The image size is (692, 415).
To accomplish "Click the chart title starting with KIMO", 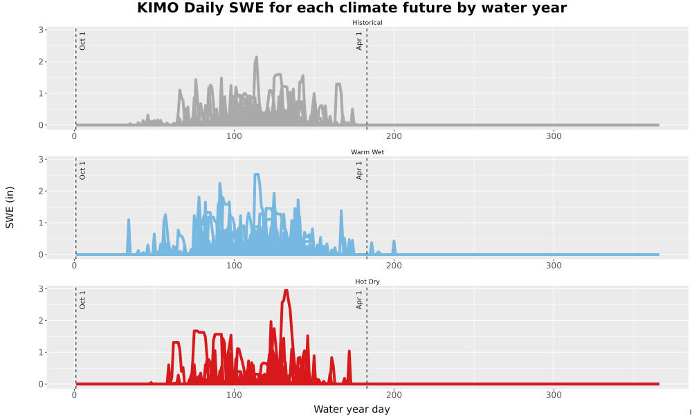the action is (352, 8).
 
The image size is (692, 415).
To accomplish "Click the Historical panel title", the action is (367, 23).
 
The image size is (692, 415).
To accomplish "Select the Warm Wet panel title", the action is (367, 152).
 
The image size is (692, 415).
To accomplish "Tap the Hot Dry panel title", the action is (367, 282).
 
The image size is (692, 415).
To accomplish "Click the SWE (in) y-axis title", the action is (10, 207).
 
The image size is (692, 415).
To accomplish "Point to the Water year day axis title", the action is (352, 409).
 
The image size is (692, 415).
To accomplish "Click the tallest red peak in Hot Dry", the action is (286, 291).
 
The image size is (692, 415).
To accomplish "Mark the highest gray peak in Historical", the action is (256, 58).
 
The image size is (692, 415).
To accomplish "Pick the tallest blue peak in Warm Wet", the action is (257, 175).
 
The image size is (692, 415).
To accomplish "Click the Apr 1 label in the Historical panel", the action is (359, 41).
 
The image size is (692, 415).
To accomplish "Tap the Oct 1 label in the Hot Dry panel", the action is (82, 299).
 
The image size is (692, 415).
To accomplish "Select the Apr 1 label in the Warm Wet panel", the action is (359, 170).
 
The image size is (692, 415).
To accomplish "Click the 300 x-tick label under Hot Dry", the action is (554, 395).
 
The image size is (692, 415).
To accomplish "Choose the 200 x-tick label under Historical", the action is (394, 136).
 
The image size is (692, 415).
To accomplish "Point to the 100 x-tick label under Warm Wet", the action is (234, 266).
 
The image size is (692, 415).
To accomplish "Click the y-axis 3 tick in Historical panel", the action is (41, 30).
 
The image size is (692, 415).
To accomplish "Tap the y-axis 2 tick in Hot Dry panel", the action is (41, 321).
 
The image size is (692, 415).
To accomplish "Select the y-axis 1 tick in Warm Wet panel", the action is (41, 223).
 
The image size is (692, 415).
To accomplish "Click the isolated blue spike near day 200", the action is (394, 246).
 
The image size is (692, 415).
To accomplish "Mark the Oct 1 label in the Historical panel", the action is (82, 41).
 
